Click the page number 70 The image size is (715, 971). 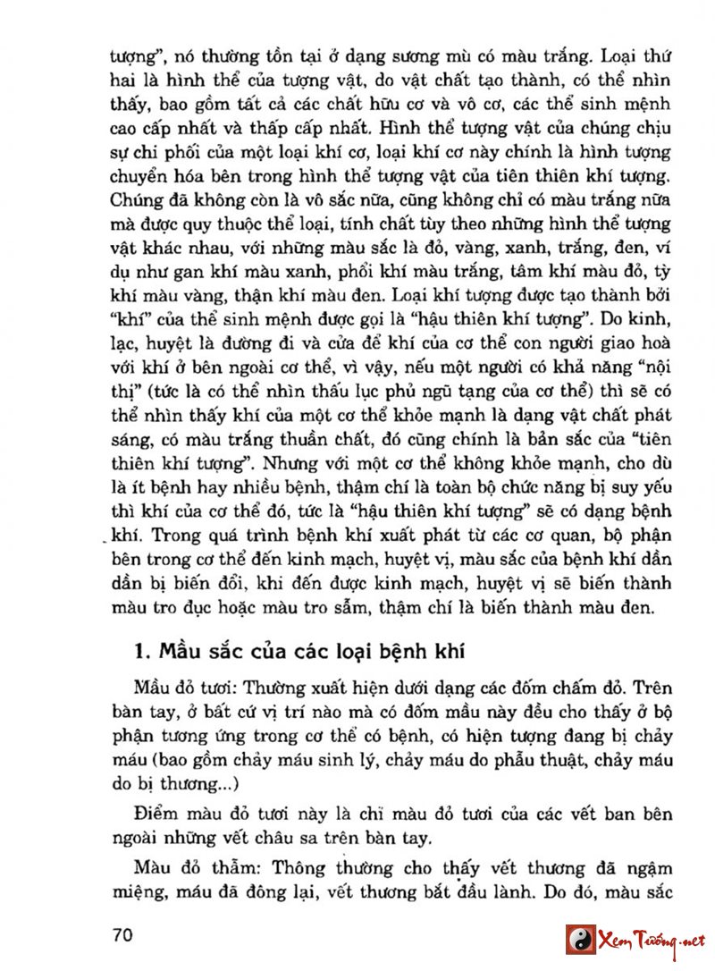pos(122,935)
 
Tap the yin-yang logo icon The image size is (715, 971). pos(582,940)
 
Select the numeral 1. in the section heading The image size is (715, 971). pos(140,650)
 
